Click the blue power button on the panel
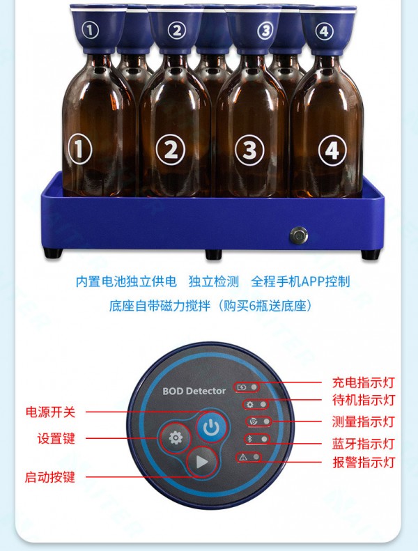click(x=211, y=427)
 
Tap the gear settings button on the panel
click(x=176, y=438)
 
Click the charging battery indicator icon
click(x=242, y=387)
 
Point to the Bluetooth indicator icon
click(x=250, y=439)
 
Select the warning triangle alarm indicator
click(x=243, y=457)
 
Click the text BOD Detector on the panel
click(x=194, y=391)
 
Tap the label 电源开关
click(x=51, y=412)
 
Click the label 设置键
click(x=56, y=439)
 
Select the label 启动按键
click(x=50, y=477)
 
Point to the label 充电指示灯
click(x=364, y=382)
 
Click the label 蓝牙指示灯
click(x=364, y=444)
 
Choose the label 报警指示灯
click(x=364, y=462)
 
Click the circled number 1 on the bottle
click(x=80, y=149)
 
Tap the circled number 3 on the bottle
click(x=249, y=150)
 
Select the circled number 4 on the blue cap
click(x=324, y=31)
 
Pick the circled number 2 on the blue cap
click(x=176, y=30)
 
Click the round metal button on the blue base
click(x=299, y=235)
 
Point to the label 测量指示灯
click(x=364, y=421)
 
